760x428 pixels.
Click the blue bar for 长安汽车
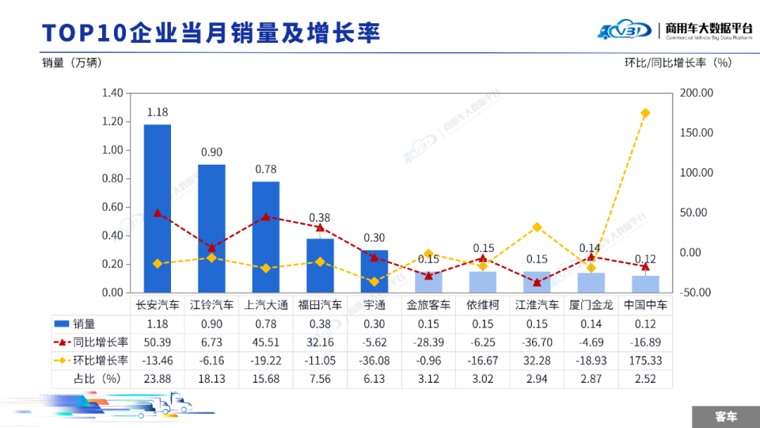(158, 208)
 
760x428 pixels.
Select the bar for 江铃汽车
(212, 228)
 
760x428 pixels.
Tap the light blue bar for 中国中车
(645, 284)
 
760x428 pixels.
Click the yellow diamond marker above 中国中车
(645, 113)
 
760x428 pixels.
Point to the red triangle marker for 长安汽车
(158, 213)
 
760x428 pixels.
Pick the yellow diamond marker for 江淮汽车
(537, 227)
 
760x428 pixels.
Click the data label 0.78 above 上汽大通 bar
(266, 169)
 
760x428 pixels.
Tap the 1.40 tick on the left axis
(113, 93)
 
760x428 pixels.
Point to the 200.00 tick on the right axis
(697, 93)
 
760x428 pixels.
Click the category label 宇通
(374, 306)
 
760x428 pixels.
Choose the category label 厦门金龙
(591, 306)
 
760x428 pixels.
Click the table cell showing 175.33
(645, 360)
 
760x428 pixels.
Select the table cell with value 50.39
(158, 342)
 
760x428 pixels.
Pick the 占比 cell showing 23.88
(158, 379)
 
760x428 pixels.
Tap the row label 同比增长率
(102, 342)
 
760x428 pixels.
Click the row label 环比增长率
(102, 360)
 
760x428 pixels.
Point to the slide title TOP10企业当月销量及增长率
(211, 33)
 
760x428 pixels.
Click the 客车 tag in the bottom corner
(726, 416)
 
